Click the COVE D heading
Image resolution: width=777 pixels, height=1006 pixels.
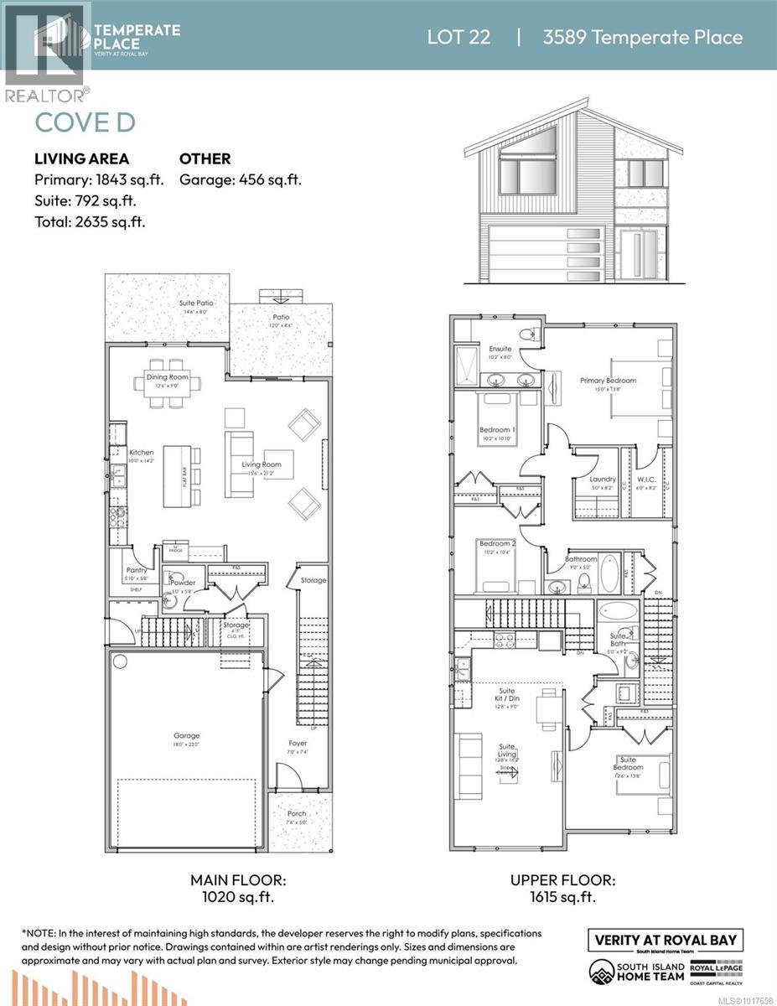pos(85,122)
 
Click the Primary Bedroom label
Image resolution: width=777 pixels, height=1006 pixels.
pos(608,380)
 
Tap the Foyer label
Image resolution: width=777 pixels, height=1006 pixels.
pos(298,742)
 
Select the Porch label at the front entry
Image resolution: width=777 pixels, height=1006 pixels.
pos(297,813)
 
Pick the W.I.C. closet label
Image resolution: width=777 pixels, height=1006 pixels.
pos(645,480)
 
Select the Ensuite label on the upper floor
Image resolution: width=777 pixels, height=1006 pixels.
pos(500,349)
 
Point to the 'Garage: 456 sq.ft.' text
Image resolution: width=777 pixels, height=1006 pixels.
pos(241,179)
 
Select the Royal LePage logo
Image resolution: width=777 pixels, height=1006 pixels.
pos(717,969)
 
